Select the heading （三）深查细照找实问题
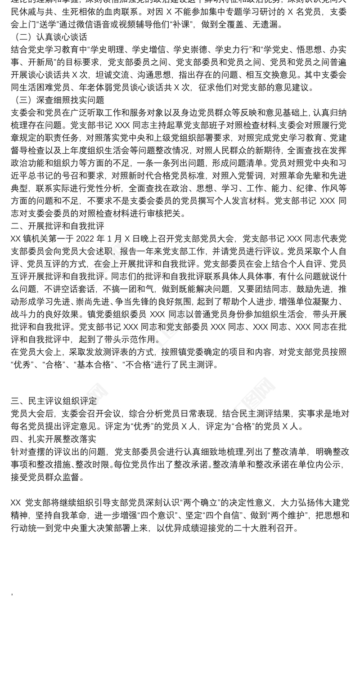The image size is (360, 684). pos(58,100)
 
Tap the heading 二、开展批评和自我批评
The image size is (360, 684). pos(58,226)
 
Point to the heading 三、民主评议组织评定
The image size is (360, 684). pos(54,401)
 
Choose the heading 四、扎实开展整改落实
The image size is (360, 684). pos(54,439)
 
